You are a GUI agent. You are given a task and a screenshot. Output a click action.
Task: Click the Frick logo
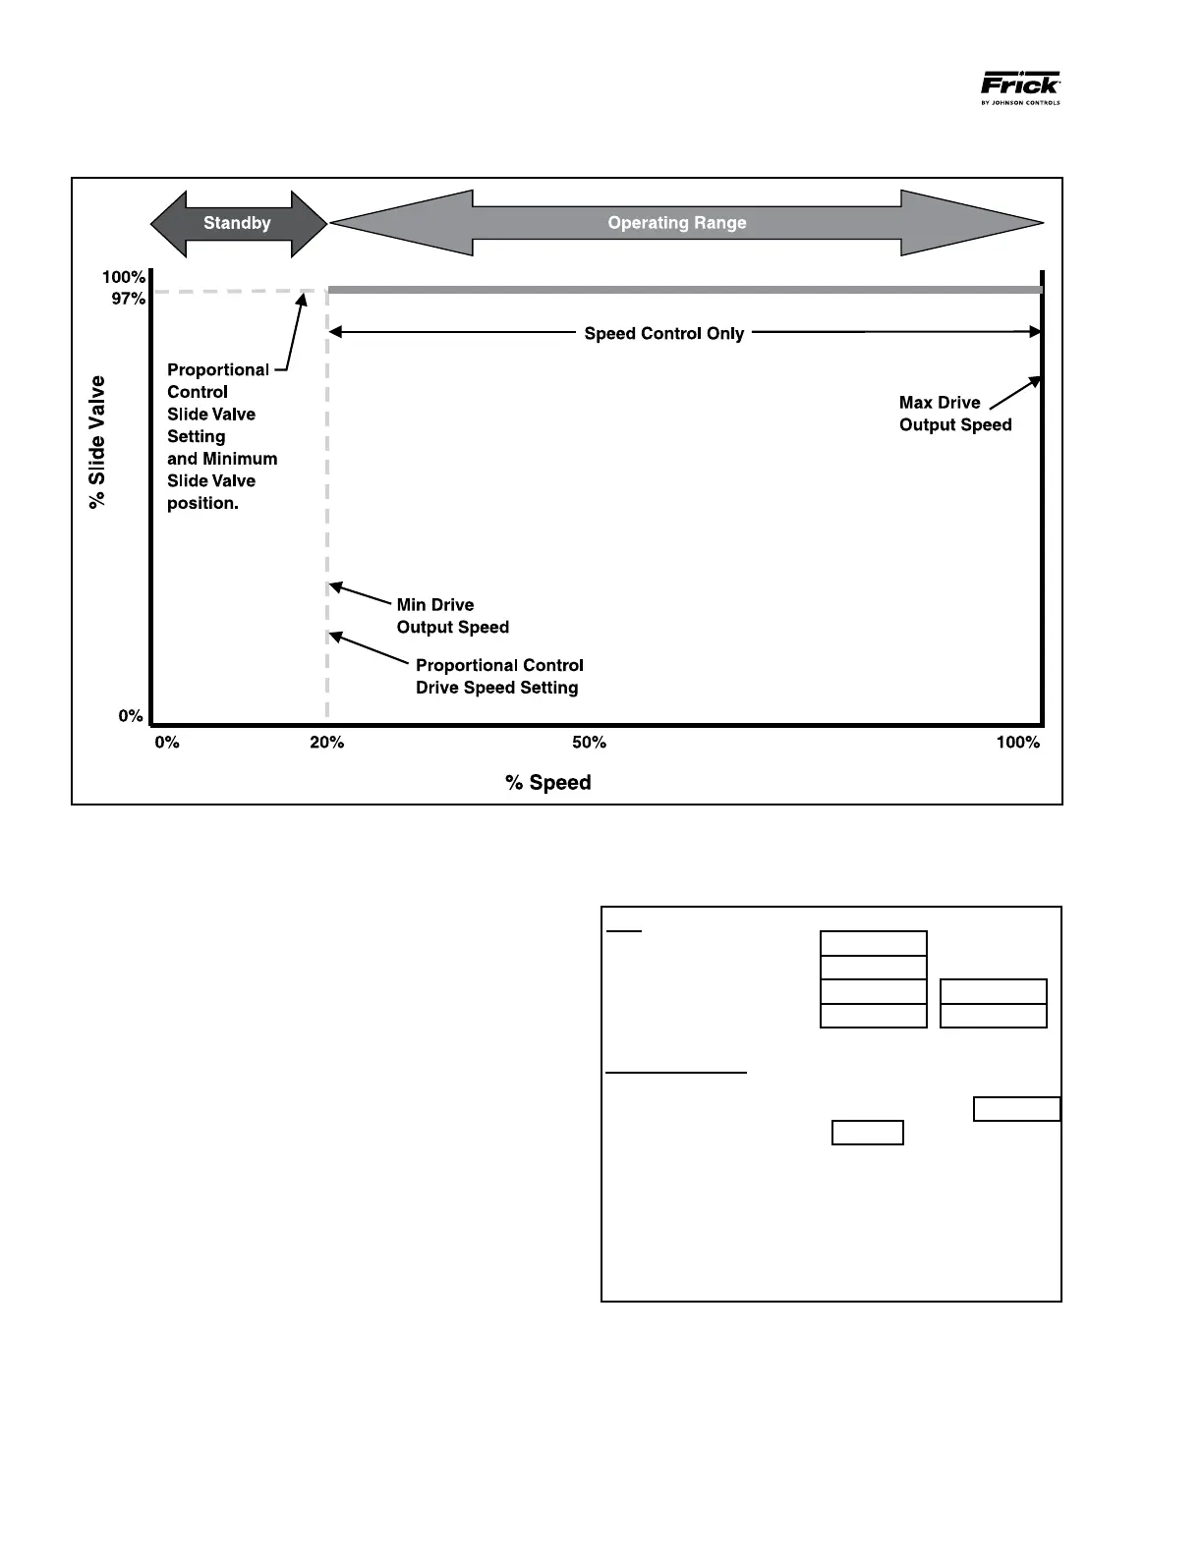1020,87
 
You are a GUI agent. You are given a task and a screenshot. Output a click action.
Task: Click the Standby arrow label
237,223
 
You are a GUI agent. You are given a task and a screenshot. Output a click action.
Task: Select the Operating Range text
677,223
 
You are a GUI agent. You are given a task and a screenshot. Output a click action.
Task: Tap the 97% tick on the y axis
128,299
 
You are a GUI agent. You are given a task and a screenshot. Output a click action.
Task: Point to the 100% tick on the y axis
124,278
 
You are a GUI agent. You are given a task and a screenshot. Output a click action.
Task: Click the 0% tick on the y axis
131,716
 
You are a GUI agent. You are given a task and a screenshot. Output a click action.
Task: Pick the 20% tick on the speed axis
327,743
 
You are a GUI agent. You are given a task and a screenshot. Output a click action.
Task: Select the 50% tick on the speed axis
589,743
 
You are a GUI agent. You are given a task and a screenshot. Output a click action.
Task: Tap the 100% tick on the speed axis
1017,743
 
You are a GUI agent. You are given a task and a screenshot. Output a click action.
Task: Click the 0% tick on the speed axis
167,743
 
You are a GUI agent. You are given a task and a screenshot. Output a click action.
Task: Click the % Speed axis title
548,783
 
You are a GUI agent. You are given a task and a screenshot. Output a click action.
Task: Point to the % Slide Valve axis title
97,442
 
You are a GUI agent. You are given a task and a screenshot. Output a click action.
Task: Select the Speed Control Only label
663,334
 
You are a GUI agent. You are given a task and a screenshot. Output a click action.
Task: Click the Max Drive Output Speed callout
954,414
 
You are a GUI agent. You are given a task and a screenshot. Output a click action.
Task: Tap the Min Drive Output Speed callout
452,616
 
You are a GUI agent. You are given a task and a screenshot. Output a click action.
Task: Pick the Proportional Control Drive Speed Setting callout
498,677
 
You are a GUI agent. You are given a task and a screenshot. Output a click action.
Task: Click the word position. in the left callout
202,503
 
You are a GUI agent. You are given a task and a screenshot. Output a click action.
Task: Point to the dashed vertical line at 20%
327,491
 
